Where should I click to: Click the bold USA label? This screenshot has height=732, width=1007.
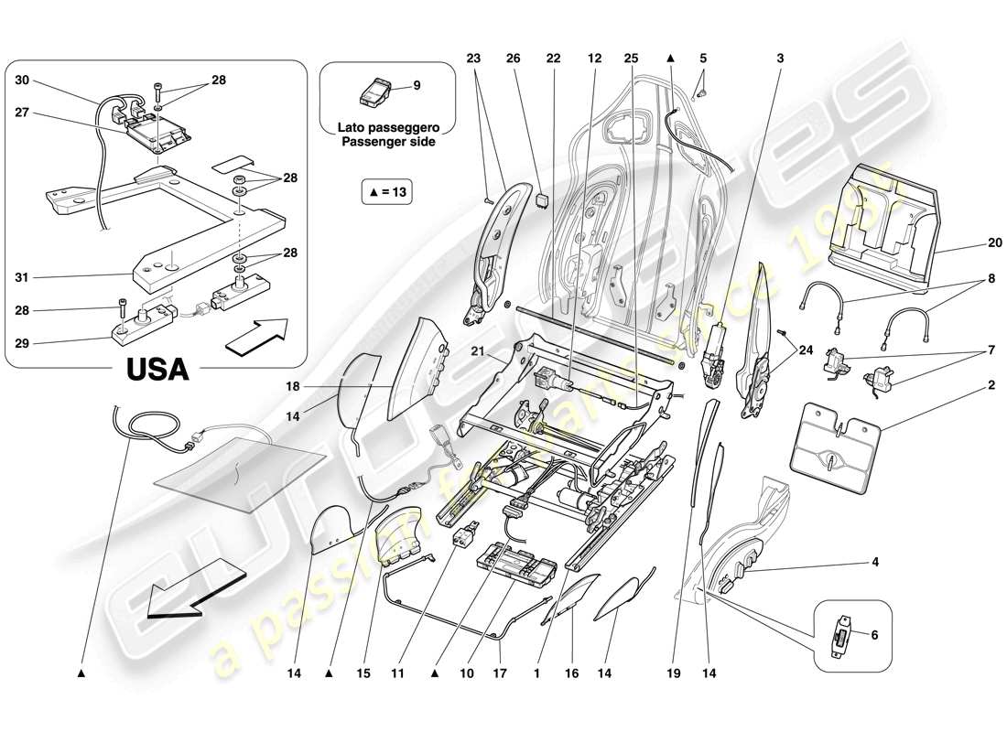(x=157, y=369)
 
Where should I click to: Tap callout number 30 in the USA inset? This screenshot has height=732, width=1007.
(x=22, y=80)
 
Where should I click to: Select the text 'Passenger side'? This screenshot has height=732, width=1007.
(x=387, y=143)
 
